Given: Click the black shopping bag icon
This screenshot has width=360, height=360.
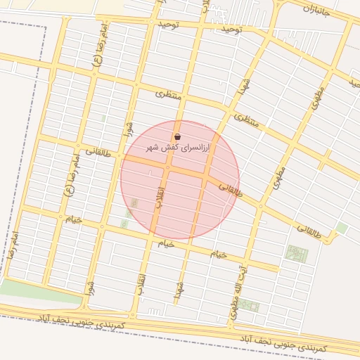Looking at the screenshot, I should click(176, 136).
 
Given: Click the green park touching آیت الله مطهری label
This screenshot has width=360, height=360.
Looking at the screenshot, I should click(248, 306).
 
